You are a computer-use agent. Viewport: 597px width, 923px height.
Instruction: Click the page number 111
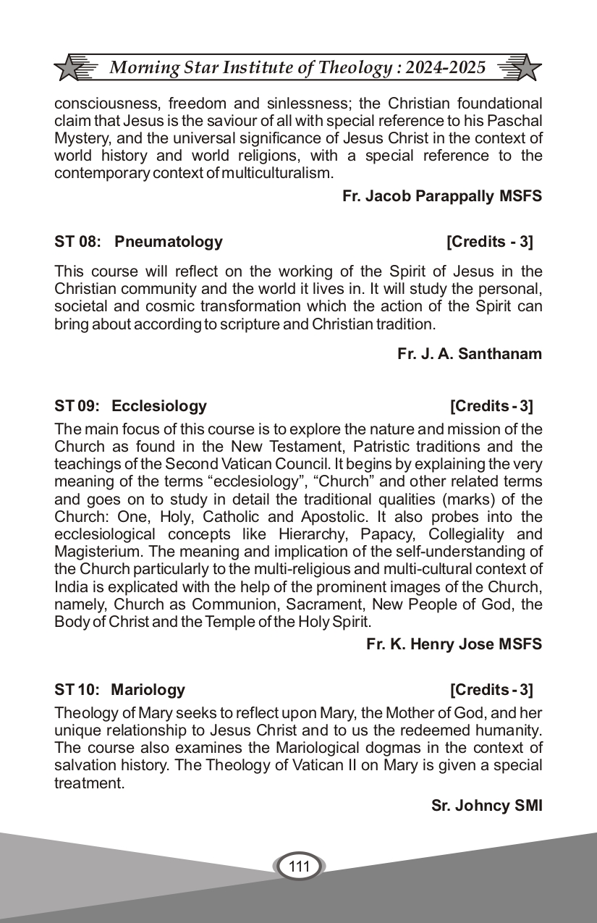299,867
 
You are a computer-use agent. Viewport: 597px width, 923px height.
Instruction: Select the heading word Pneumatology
169,242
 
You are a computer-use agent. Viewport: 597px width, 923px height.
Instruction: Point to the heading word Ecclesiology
159,406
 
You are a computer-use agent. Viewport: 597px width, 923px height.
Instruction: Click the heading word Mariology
148,690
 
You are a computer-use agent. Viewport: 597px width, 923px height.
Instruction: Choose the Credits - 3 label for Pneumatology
490,242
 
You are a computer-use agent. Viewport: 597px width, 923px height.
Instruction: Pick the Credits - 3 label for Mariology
491,690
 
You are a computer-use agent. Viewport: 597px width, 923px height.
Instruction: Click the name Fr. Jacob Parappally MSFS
442,196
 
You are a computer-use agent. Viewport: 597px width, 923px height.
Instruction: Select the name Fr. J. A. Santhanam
470,353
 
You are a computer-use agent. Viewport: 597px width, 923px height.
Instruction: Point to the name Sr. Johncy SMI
486,806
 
